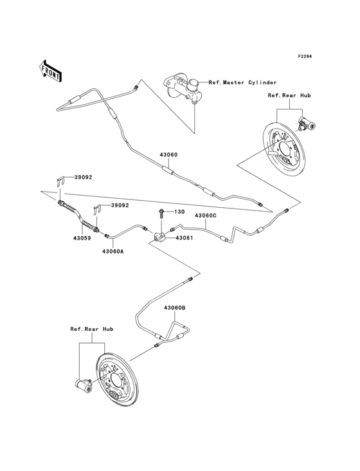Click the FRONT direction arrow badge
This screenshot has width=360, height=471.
pos(51,71)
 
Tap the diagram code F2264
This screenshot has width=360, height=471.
pos(304,57)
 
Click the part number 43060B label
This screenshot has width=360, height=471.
pos(174,308)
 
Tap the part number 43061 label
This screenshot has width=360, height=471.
pos(184,238)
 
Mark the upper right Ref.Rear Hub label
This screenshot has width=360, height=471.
pos(289,95)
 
